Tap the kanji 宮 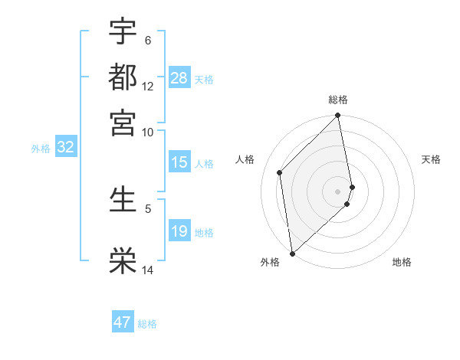click(x=123, y=120)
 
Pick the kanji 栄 click(x=123, y=260)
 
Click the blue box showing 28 click(x=179, y=78)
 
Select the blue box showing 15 click(x=179, y=162)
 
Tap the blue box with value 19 click(x=179, y=231)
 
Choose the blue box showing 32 click(x=65, y=148)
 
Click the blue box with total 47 click(x=122, y=322)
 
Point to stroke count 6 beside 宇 click(x=148, y=40)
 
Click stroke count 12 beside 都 click(x=148, y=86)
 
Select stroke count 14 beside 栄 click(x=148, y=270)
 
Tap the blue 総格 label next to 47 click(x=147, y=324)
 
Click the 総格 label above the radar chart click(x=338, y=100)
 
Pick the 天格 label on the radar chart click(x=431, y=159)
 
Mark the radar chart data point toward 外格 click(x=292, y=254)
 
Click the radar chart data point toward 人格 click(x=280, y=172)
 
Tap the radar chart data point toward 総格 click(x=338, y=116)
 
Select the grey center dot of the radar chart click(x=338, y=191)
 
